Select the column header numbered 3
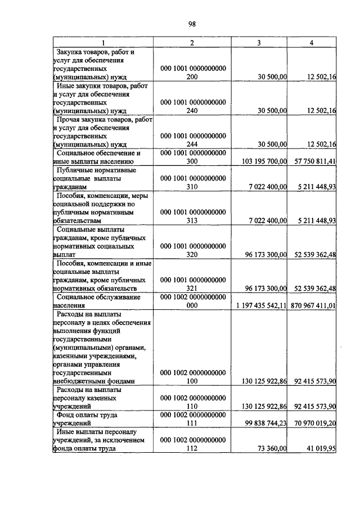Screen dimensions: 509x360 [258, 43]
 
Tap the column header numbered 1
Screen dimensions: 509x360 [102, 43]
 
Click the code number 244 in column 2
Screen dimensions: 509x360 [192, 145]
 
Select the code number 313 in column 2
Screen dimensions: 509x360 [192, 220]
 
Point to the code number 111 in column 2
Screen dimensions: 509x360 [192, 424]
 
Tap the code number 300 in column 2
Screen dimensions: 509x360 [192, 161]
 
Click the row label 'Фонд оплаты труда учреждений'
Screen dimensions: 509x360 [90, 419]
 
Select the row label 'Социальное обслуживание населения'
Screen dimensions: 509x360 [94, 301]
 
